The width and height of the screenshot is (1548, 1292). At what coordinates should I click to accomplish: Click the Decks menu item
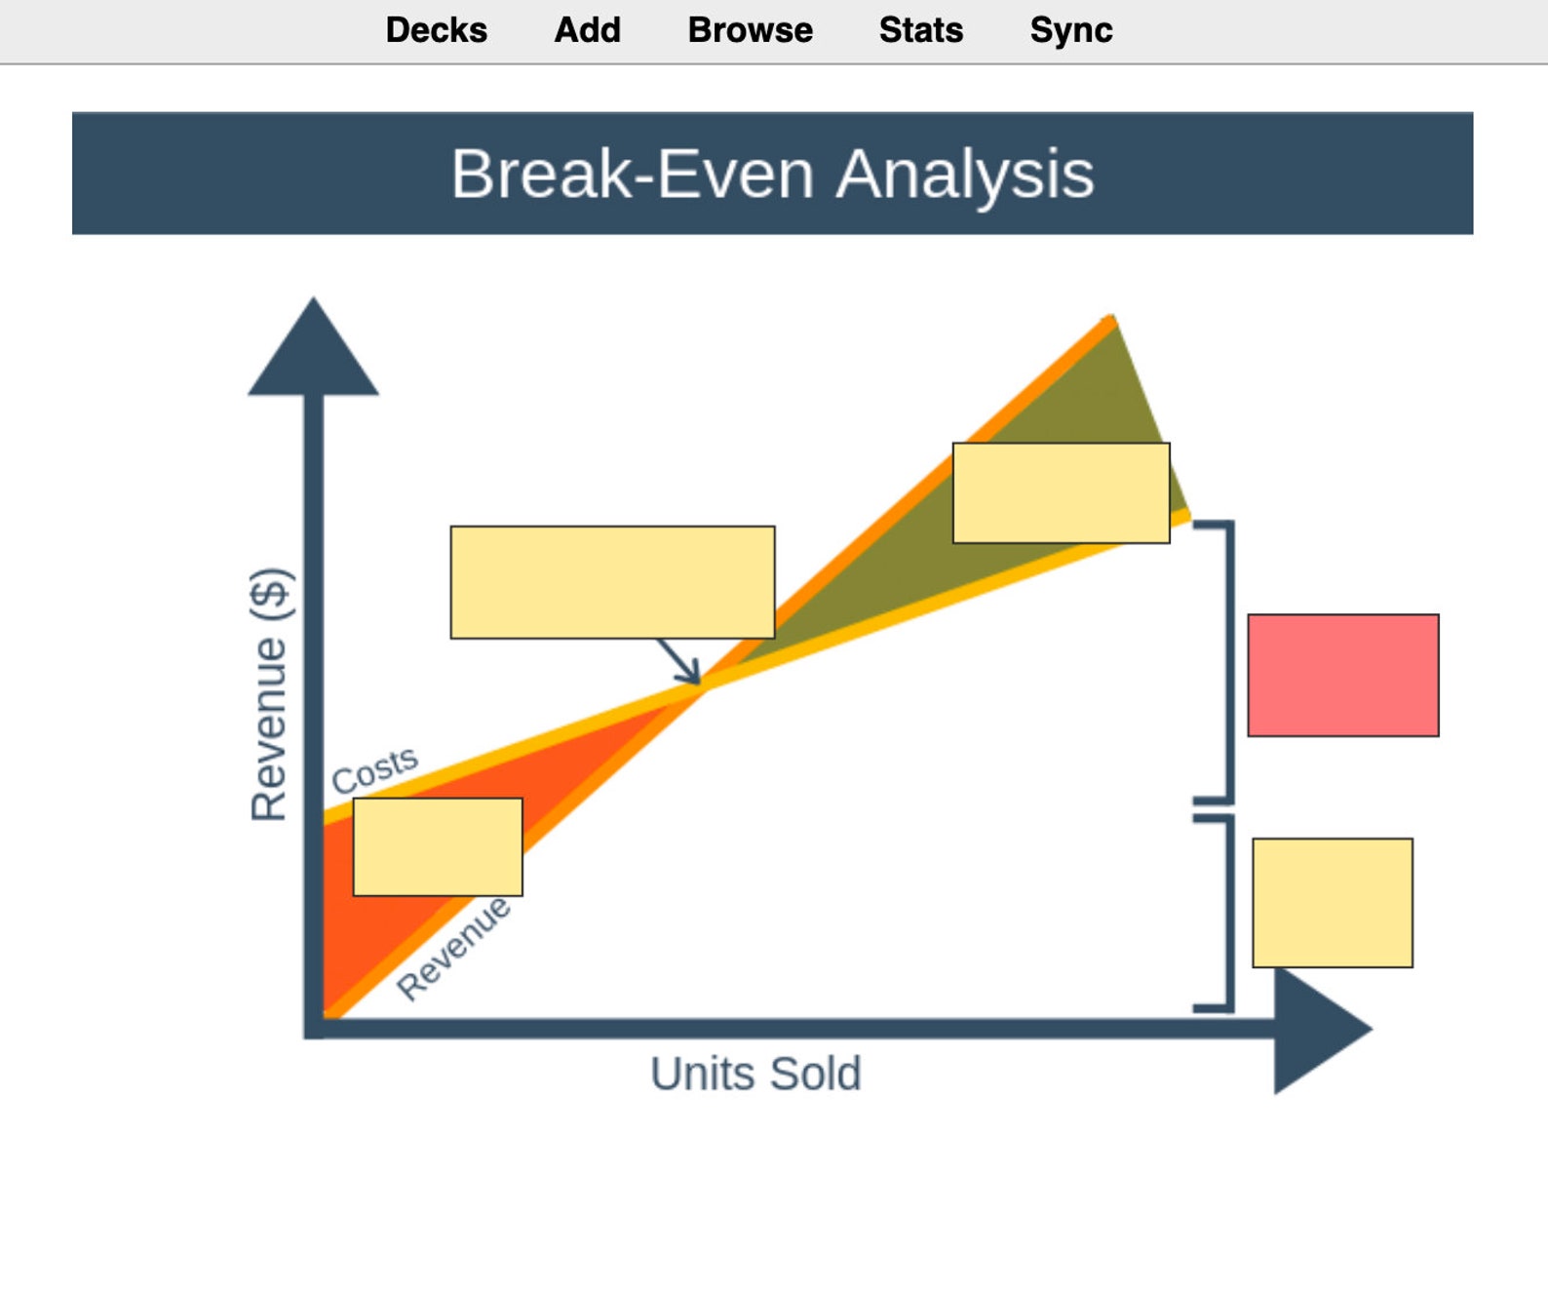(436, 30)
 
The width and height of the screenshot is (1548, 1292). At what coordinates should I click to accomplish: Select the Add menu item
(587, 30)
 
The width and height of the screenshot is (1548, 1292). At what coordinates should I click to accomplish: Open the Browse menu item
(750, 30)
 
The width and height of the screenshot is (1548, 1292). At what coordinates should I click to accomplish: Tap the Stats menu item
(920, 30)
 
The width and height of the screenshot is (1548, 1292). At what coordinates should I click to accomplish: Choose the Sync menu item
(1070, 30)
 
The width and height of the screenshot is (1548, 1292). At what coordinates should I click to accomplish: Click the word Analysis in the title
(964, 175)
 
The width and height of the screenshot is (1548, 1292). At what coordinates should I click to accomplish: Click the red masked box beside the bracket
(1342, 675)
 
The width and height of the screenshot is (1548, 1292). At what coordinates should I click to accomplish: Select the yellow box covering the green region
(1061, 492)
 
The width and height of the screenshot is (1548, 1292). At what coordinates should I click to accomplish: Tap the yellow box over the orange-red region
(437, 846)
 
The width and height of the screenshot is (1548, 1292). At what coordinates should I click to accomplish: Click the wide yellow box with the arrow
(612, 582)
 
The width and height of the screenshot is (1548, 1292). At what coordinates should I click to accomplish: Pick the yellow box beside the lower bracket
(1332, 902)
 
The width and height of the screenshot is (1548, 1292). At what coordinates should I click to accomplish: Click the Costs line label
(374, 769)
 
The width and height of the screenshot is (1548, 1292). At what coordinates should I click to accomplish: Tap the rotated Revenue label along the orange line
(453, 949)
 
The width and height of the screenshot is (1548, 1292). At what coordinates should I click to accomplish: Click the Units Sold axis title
(755, 1074)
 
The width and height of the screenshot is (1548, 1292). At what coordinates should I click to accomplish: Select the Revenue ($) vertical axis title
(269, 694)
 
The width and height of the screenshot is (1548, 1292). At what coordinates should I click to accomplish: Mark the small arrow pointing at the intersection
(680, 663)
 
